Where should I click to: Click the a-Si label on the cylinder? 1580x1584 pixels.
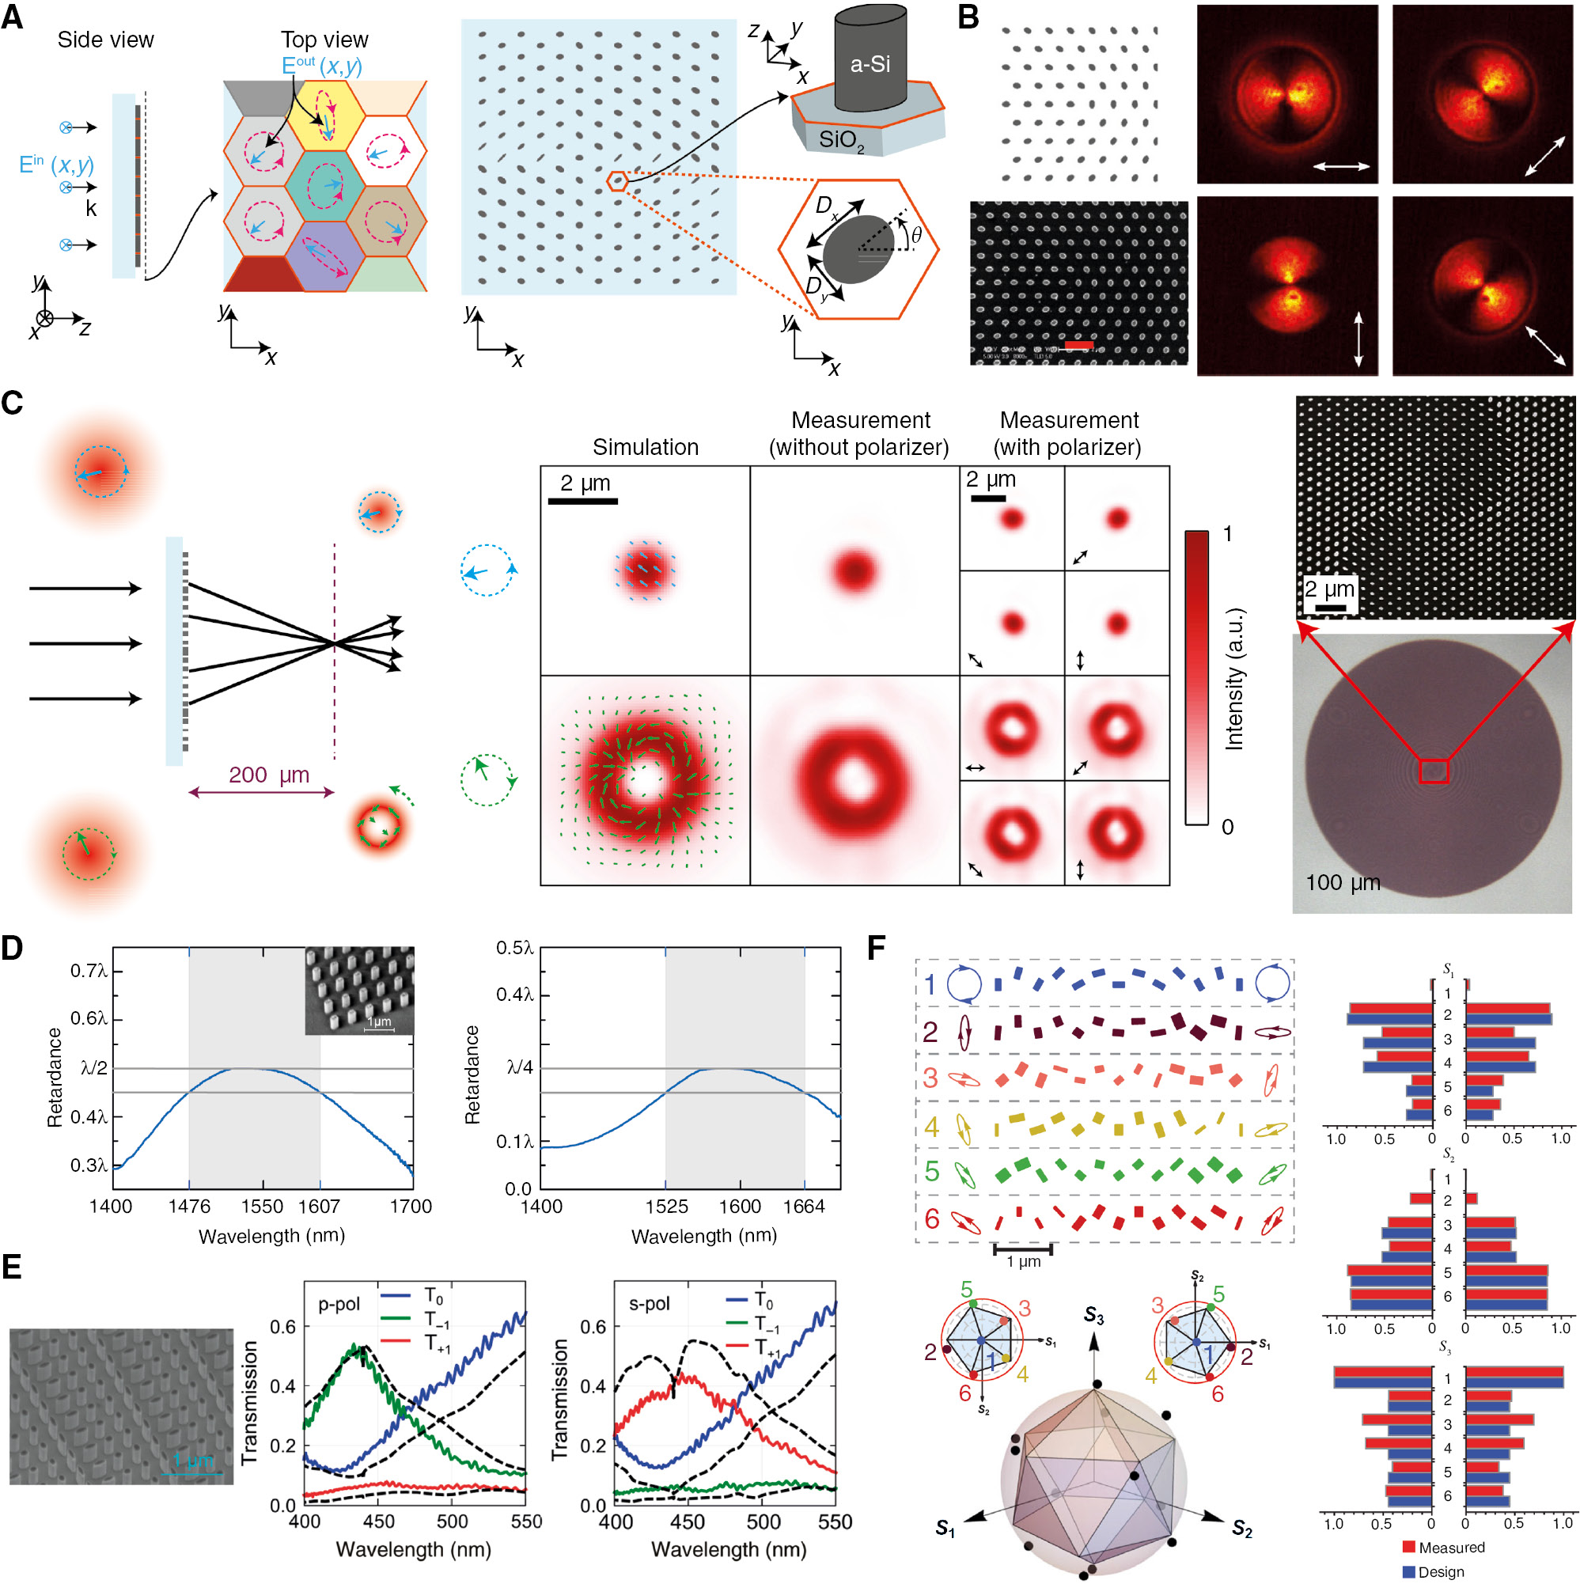tap(870, 64)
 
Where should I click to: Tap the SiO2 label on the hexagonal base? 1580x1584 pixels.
tap(840, 140)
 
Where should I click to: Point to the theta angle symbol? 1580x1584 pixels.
tap(916, 235)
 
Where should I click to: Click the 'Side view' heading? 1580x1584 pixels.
tap(105, 40)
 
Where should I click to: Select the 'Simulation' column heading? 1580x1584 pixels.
tap(646, 447)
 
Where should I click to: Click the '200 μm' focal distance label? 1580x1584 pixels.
tap(268, 775)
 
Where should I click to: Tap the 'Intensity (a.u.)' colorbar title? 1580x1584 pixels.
tap(1233, 679)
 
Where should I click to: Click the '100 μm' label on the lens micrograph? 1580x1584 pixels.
tap(1342, 883)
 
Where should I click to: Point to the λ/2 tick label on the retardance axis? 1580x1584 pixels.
tap(94, 1067)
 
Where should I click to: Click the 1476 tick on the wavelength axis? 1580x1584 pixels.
tap(189, 1206)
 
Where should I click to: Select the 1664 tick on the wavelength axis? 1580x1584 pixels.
tap(804, 1206)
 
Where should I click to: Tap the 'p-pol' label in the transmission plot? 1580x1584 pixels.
tap(339, 1304)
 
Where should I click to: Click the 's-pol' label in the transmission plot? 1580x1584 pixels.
tap(650, 1304)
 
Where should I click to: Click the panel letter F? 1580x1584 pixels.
tap(876, 949)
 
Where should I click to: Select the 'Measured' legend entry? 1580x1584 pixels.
tap(1450, 1547)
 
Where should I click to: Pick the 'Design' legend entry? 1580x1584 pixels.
tap(1441, 1571)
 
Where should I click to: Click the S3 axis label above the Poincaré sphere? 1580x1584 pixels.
tap(1093, 1316)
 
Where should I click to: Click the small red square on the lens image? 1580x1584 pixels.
tap(1434, 771)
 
